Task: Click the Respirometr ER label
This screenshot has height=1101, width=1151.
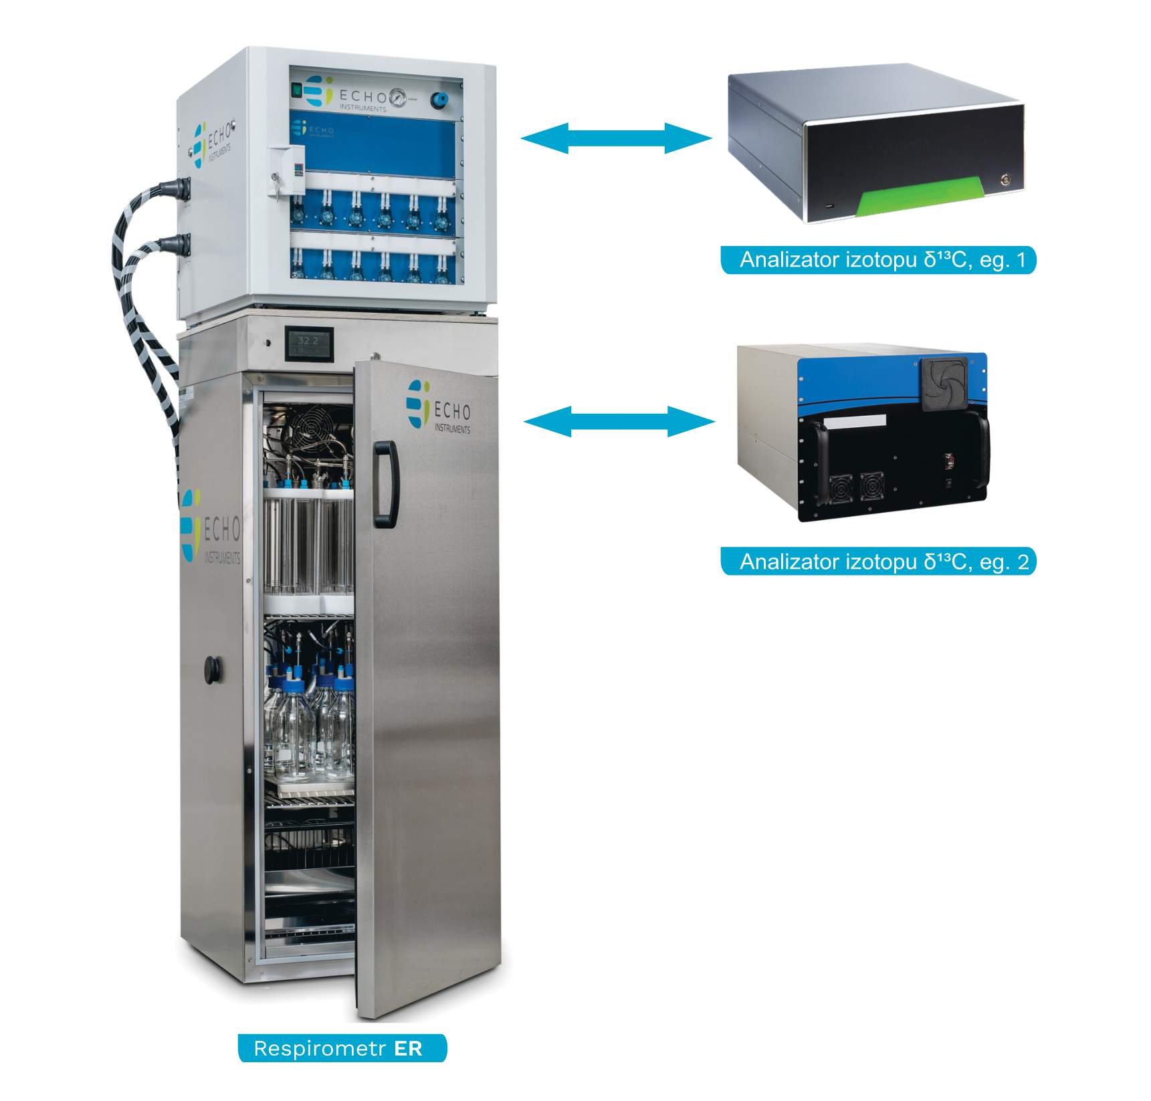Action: (342, 1048)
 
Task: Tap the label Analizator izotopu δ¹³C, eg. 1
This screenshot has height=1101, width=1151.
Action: (878, 260)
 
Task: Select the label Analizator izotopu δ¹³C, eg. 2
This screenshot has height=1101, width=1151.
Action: (878, 562)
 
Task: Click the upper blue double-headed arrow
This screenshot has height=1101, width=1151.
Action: (616, 138)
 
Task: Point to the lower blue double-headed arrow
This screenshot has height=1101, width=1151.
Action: (619, 421)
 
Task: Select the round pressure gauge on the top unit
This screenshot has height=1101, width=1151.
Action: (397, 98)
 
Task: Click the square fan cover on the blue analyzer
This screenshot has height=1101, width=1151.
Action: (944, 383)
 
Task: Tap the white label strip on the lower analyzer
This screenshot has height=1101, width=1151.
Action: (855, 421)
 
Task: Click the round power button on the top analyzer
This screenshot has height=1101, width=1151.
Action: (1005, 180)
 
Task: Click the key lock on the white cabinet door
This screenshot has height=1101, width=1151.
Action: (275, 179)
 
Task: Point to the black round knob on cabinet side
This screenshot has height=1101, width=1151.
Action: (212, 669)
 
